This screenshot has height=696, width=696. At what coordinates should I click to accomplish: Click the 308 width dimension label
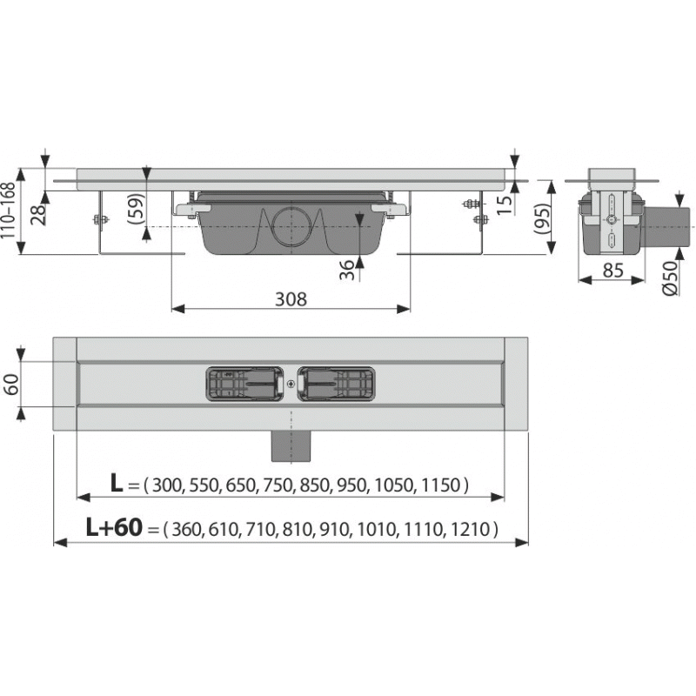pos(291,299)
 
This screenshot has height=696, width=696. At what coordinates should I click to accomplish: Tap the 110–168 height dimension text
pos(9,211)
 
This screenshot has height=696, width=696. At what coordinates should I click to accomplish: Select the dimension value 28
pos(39,214)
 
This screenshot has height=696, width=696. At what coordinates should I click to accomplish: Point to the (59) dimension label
pos(136,208)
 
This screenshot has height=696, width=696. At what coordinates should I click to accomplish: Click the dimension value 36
pos(347,271)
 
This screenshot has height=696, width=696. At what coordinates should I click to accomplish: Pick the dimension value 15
pos(505,204)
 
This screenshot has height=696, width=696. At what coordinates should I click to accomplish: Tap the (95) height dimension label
pos(541,218)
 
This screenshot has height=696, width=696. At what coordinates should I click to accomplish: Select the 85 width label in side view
pos(613,270)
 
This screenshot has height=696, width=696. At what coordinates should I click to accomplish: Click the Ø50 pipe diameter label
pos(670,278)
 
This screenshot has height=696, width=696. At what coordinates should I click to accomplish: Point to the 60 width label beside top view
pos(11,385)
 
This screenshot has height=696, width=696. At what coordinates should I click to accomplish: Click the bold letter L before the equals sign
pos(117,483)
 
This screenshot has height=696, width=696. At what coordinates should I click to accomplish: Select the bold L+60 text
pos(114,527)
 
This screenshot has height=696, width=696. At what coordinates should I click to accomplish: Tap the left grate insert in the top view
pos(244,384)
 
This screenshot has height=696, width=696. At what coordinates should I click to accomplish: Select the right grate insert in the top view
pos(336,384)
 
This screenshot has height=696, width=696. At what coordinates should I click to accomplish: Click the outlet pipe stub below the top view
pos(291,446)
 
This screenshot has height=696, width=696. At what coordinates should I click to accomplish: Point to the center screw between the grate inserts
pos(291,385)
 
